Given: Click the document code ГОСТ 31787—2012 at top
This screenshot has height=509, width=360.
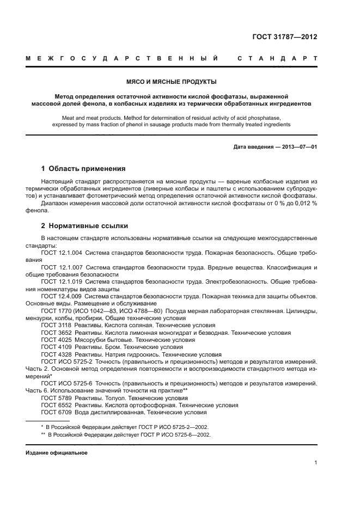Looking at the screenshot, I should pos(285,38).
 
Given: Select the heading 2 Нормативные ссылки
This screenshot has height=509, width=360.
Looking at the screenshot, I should pos(85,225).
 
